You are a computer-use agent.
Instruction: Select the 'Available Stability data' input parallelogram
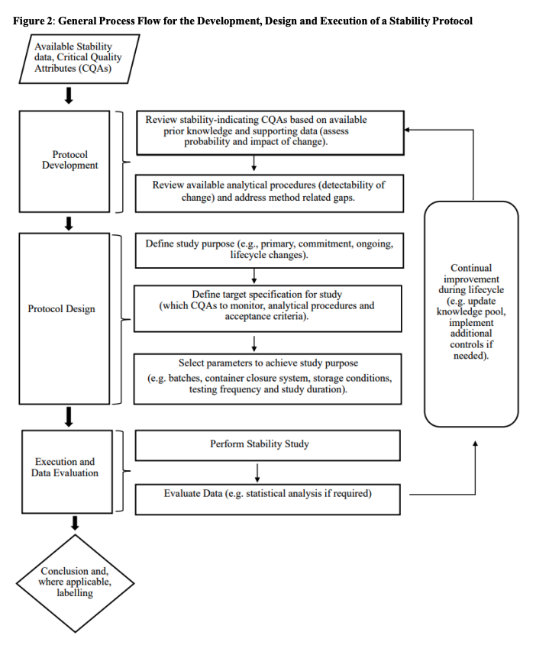pos(78,58)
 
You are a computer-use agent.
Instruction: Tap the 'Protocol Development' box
pos(69,160)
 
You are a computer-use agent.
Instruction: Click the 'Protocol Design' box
pos(64,308)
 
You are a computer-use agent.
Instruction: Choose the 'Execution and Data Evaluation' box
pos(66,467)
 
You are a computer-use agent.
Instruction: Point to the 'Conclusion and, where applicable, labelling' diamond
pos(74,582)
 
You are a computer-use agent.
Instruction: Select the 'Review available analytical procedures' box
pos(268,191)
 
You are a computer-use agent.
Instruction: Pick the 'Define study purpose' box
pos(268,250)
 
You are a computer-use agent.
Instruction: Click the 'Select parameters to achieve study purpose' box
pos(268,375)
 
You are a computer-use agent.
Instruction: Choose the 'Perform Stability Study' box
pos(268,444)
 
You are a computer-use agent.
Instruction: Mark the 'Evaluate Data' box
pos(268,494)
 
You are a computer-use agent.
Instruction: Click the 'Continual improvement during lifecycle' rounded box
pos(471,312)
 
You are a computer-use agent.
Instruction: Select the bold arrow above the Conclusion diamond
pos(74,522)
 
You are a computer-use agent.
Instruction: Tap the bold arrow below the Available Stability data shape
pos(69,95)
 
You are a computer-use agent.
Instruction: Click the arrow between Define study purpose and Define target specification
pos(253,276)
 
